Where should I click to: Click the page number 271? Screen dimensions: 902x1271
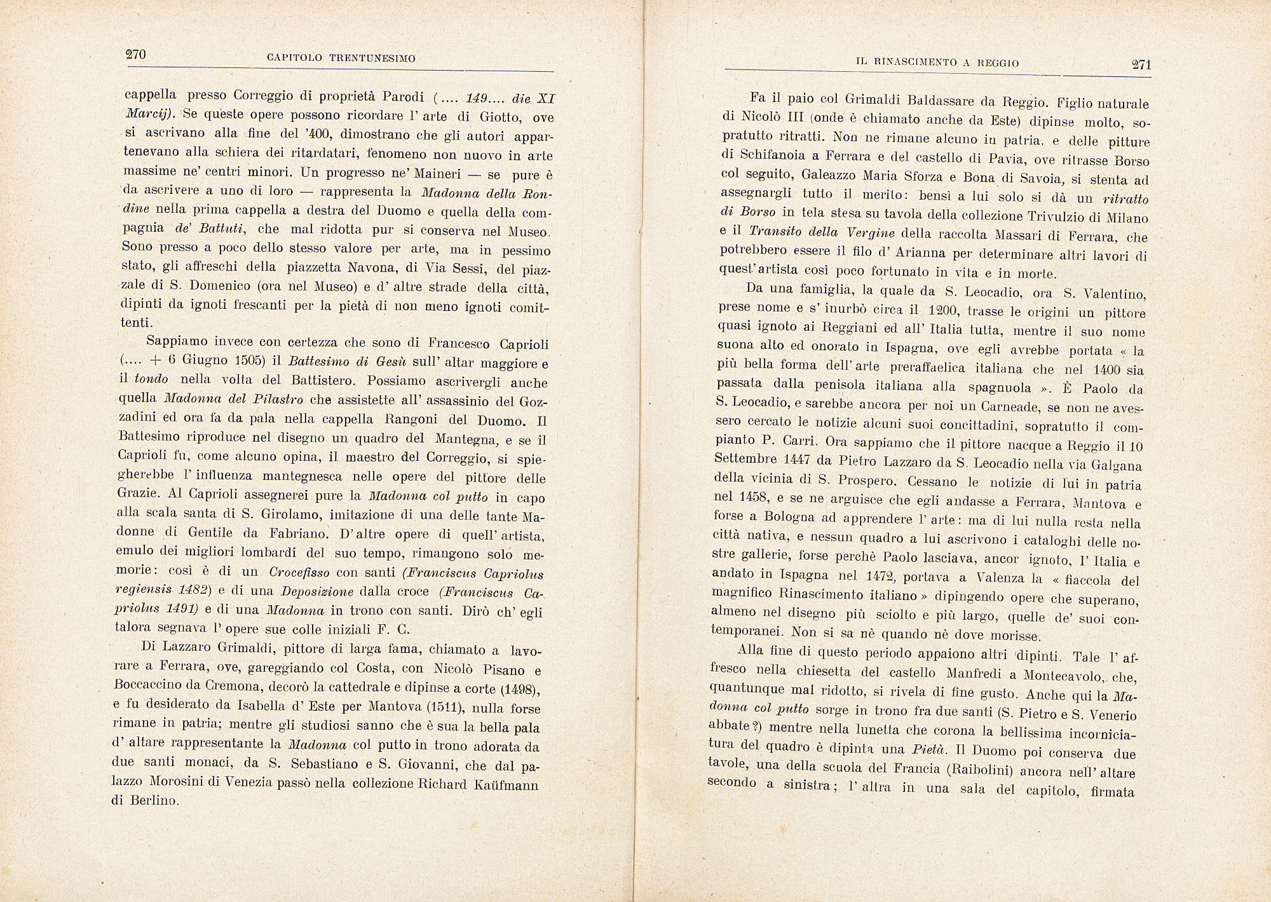(1141, 64)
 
